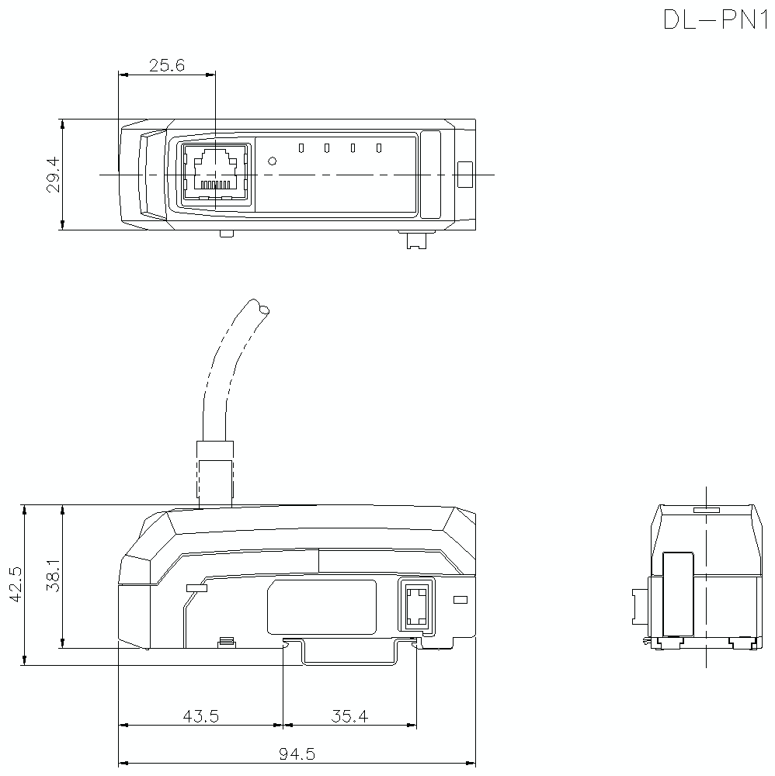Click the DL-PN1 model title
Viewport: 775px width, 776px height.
tap(714, 19)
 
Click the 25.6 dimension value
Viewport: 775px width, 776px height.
tap(166, 66)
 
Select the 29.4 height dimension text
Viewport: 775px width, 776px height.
tap(53, 175)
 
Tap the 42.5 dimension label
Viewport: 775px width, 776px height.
tap(17, 584)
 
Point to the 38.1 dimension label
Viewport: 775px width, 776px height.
tap(53, 576)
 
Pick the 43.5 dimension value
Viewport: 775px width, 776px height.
tap(200, 716)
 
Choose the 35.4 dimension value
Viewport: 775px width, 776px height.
tap(349, 716)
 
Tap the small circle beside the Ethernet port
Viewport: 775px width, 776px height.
tap(272, 161)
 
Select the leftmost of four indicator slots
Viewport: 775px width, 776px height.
tap(301, 147)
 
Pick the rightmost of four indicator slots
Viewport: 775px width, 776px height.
tap(379, 147)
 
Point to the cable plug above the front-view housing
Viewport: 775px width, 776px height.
tap(215, 472)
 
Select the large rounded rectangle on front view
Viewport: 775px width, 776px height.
tap(321, 607)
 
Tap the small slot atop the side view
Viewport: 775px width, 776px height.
tap(706, 511)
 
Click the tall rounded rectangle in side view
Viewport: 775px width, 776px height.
tap(678, 594)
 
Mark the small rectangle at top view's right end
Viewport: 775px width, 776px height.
tap(464, 175)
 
